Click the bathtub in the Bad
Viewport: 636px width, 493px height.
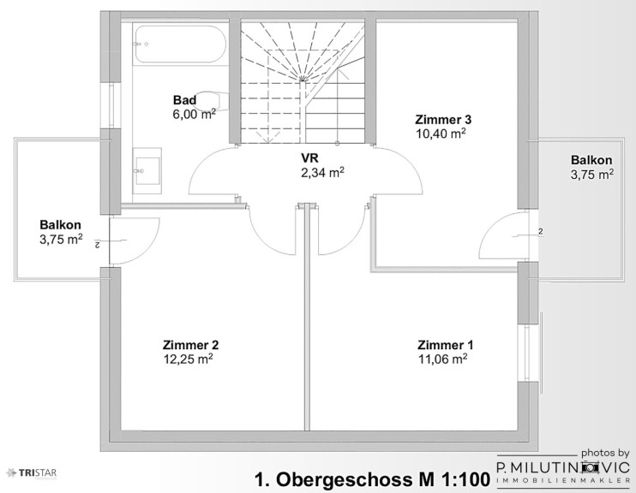click(179, 45)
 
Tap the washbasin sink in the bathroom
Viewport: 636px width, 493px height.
click(147, 171)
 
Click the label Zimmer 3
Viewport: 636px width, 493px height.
click(443, 120)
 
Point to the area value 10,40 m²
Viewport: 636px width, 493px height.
click(441, 134)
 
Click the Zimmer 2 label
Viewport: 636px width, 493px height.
click(190, 345)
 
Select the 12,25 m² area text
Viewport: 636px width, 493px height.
click(189, 359)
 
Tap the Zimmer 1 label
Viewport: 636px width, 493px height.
click(446, 345)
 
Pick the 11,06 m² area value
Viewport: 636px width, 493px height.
click(443, 359)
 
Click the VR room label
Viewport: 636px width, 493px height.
click(309, 157)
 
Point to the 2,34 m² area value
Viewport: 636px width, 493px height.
click(322, 173)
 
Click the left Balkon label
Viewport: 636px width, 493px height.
click(61, 225)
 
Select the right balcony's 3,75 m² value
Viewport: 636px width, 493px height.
click(591, 175)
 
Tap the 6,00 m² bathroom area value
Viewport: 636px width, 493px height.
click(195, 114)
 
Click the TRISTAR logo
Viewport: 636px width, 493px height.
click(32, 472)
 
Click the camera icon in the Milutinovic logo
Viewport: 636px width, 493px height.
click(590, 468)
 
